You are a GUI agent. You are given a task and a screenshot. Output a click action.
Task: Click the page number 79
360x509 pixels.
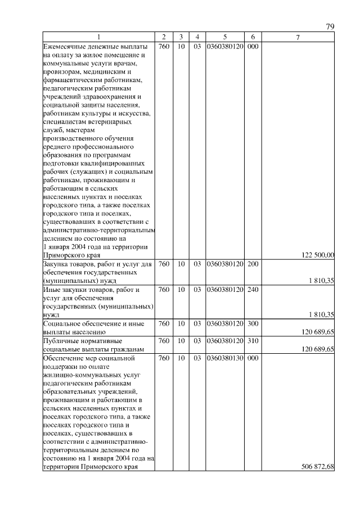[330, 27]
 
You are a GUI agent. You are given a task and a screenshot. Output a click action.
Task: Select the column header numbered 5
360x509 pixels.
[224, 37]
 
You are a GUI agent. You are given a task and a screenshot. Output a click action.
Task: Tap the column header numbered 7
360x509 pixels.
[298, 37]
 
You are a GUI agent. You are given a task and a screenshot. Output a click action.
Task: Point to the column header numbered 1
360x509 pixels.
[98, 37]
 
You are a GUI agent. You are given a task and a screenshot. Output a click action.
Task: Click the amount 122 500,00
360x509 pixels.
[318, 255]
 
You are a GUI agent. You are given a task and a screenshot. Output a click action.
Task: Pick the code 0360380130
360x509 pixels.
[224, 358]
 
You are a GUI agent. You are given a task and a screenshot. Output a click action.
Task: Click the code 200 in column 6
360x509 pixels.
[253, 264]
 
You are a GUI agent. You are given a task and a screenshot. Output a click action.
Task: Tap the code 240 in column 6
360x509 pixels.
[253, 290]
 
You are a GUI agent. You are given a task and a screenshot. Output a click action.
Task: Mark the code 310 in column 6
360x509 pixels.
[253, 341]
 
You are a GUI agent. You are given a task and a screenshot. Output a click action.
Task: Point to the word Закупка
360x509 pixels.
[57, 264]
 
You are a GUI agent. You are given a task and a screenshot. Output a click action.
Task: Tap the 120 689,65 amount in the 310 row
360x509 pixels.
[318, 349]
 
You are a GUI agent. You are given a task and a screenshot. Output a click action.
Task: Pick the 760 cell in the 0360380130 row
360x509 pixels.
[164, 358]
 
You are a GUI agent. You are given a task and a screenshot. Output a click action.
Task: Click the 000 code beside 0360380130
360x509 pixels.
[253, 358]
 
